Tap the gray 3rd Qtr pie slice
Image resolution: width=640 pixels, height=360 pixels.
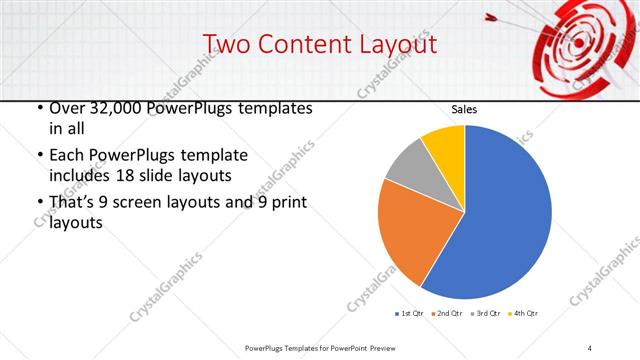pyautogui.click(x=405, y=168)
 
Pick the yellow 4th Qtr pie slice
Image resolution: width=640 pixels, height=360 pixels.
pyautogui.click(x=444, y=145)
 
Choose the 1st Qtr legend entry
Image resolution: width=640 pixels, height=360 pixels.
pyautogui.click(x=409, y=314)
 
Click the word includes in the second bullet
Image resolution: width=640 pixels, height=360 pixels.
pyautogui.click(x=83, y=176)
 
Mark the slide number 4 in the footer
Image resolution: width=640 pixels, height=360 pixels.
pyautogui.click(x=590, y=347)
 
